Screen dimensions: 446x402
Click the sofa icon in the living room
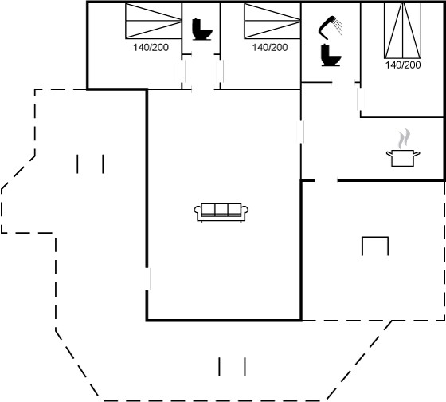(x=221, y=212)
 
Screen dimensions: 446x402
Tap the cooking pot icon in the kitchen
(x=403, y=158)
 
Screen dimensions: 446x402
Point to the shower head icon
(x=331, y=27)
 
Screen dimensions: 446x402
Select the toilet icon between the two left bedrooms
(x=202, y=29)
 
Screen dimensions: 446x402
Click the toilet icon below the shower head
(x=331, y=55)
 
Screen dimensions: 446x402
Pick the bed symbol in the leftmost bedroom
(x=153, y=21)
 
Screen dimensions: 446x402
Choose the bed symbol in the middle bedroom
(x=272, y=21)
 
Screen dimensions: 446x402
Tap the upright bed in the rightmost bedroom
(x=403, y=30)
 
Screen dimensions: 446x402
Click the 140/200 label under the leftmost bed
(x=151, y=47)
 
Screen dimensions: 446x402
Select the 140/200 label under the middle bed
(x=270, y=47)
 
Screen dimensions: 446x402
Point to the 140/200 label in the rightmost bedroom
(x=403, y=65)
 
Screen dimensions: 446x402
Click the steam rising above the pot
(x=405, y=139)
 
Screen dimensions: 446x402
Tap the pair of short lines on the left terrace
(x=90, y=164)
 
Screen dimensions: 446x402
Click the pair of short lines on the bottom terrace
(x=232, y=367)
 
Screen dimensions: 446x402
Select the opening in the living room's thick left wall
(x=147, y=279)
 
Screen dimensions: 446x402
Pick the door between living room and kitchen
(x=301, y=132)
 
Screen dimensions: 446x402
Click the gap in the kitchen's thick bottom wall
(x=326, y=180)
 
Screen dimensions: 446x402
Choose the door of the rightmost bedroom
(x=360, y=99)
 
